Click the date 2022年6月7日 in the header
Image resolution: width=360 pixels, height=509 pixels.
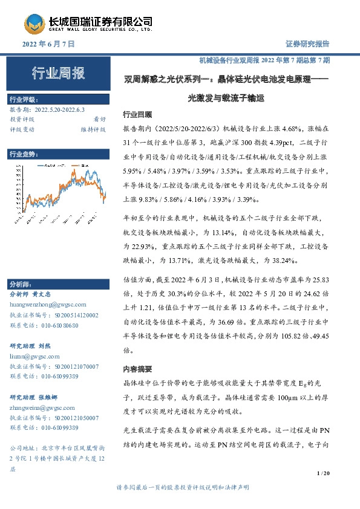(x=48, y=44)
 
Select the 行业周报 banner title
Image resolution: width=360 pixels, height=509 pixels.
(x=59, y=74)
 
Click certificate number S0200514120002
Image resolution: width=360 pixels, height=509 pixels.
(x=68, y=316)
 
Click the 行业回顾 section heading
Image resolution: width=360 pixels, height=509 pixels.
(x=137, y=114)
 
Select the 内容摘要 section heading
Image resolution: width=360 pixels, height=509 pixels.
(x=137, y=368)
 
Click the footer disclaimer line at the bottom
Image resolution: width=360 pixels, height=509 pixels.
(x=181, y=487)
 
